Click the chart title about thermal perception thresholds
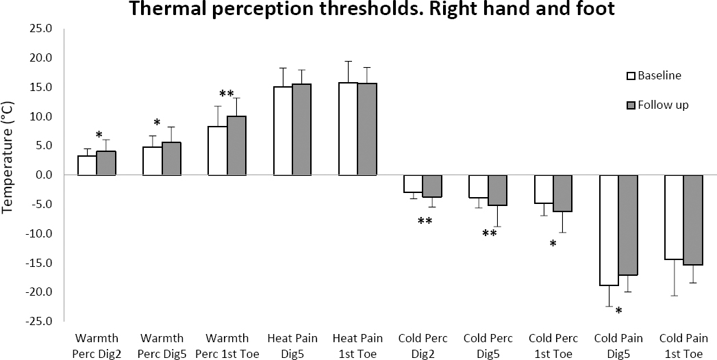[359, 10]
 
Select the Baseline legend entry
[659, 75]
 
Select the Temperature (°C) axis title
[10, 175]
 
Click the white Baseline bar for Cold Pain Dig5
[609, 230]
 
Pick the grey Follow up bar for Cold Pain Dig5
[628, 225]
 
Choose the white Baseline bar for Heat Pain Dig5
[284, 131]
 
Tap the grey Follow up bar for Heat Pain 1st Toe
[366, 129]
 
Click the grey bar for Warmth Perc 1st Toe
[236, 146]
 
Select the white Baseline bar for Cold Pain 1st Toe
[675, 217]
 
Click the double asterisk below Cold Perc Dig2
[424, 221]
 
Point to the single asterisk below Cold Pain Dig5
[618, 312]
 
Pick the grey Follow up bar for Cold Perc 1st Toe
[562, 194]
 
